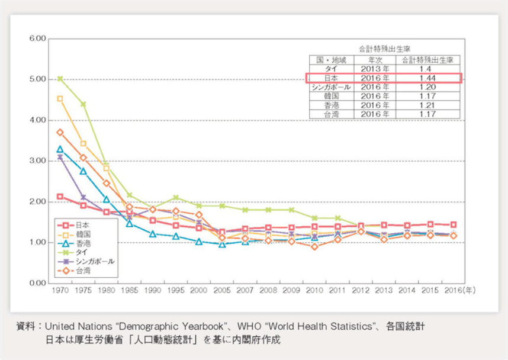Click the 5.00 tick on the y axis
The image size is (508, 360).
37,79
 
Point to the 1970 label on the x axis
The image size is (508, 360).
60,291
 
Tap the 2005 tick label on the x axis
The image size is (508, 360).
223,291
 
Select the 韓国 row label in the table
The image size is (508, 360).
331,95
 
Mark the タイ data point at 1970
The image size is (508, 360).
60,79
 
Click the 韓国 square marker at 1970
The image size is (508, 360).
60,98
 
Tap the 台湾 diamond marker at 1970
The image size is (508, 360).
60,132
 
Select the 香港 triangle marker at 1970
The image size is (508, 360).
60,149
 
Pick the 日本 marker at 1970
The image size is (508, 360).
60,196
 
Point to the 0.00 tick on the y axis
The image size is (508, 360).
37,283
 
